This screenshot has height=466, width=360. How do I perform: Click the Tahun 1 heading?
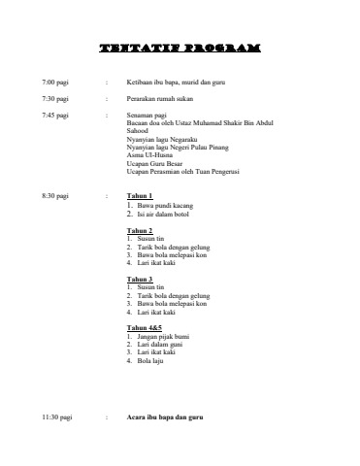click(141, 196)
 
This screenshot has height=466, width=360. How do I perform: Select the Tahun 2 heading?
click(141, 229)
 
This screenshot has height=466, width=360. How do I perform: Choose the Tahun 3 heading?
click(141, 279)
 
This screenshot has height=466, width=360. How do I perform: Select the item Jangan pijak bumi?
click(167, 336)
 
